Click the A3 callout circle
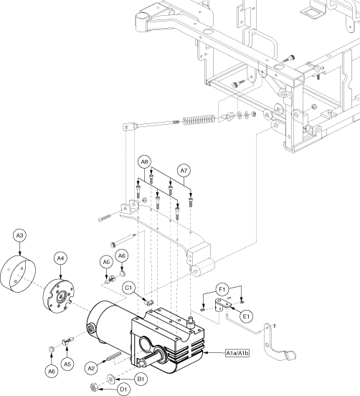click(19, 235)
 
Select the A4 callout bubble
click(60, 258)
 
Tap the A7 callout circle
click(184, 171)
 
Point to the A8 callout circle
click(144, 162)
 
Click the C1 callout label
click(129, 288)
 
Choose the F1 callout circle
click(222, 289)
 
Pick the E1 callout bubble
click(247, 316)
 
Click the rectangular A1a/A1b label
click(237, 353)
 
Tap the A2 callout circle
click(91, 369)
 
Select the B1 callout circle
click(141, 379)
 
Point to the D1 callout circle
click(123, 390)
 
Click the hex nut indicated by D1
click(94, 387)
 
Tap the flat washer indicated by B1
click(111, 379)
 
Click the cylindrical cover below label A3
click(18, 274)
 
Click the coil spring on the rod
click(199, 120)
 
